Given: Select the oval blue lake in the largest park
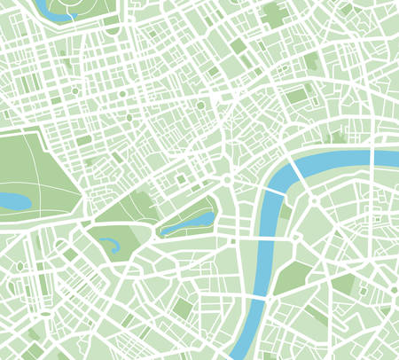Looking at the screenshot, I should (x=14, y=201).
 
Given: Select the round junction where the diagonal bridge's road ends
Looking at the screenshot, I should (x=315, y=203).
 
